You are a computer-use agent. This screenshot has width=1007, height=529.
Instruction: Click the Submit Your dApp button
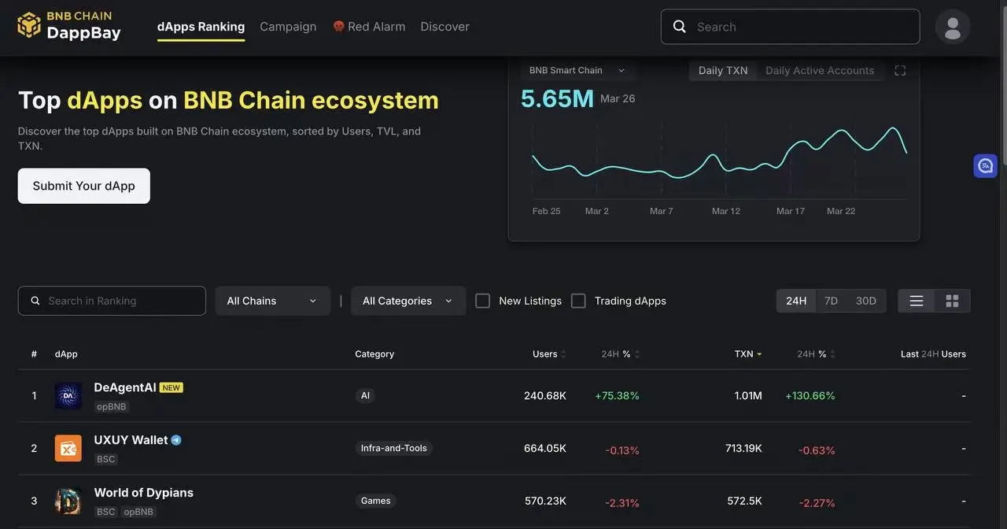[83, 186]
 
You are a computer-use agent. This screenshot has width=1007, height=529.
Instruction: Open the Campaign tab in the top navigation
[288, 27]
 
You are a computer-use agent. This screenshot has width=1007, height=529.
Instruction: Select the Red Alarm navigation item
[369, 27]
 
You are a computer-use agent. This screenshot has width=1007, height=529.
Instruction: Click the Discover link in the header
[444, 27]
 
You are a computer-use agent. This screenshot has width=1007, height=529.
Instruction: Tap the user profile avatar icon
[952, 27]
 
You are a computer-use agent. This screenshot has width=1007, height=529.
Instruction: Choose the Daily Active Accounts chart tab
[819, 71]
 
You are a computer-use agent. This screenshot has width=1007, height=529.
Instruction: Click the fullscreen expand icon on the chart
[900, 71]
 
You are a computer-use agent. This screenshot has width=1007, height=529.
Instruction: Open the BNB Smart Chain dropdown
[577, 71]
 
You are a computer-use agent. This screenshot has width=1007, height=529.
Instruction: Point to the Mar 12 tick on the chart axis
[725, 211]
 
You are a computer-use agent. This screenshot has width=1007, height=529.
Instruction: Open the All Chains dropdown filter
[272, 301]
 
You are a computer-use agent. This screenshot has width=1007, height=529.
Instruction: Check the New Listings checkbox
[483, 301]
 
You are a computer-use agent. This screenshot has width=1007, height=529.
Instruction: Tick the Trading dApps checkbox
[578, 301]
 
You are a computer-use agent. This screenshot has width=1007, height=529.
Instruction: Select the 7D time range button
[831, 301]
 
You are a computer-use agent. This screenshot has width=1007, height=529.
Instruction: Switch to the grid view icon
[952, 301]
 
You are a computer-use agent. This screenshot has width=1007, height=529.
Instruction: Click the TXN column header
[743, 354]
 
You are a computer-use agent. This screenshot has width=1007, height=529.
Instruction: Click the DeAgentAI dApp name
[125, 387]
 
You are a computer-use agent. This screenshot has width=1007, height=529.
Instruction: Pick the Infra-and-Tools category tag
[393, 448]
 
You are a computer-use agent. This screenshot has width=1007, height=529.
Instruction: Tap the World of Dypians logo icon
[68, 501]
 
